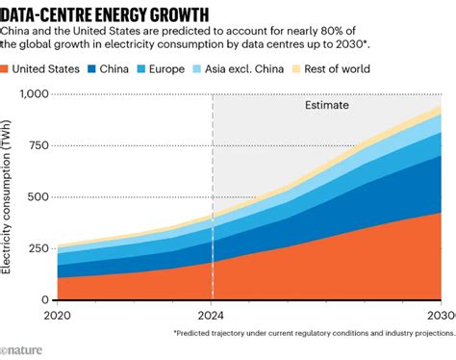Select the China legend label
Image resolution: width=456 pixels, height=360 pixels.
(x=146, y=69)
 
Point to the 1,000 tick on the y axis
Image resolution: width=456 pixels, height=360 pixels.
(x=31, y=93)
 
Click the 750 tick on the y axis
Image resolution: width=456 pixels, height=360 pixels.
(x=36, y=144)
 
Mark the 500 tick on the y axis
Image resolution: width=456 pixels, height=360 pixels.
(x=36, y=196)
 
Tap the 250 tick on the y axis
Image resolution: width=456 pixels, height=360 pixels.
(x=36, y=248)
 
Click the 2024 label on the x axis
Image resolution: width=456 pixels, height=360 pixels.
(x=212, y=316)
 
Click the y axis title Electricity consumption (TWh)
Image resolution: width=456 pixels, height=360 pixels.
(x=9, y=196)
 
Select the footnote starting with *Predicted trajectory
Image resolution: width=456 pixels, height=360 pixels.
(x=314, y=333)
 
